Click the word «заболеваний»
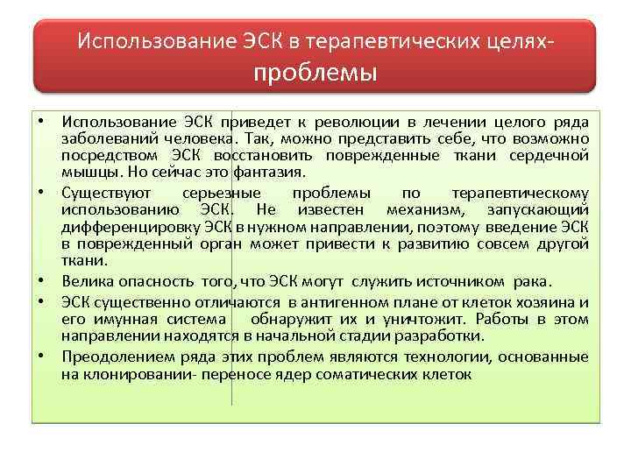(x=101, y=138)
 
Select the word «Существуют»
(x=106, y=192)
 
